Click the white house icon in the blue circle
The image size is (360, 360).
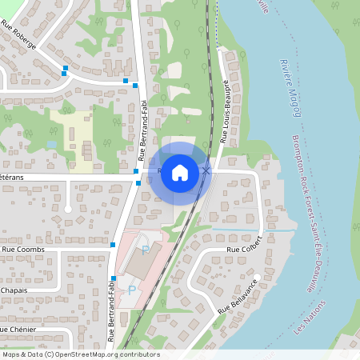180,172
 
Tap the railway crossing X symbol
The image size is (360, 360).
206,170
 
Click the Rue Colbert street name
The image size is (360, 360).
245,250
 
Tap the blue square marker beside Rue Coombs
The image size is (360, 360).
113,245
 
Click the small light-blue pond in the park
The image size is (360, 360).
52,144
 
